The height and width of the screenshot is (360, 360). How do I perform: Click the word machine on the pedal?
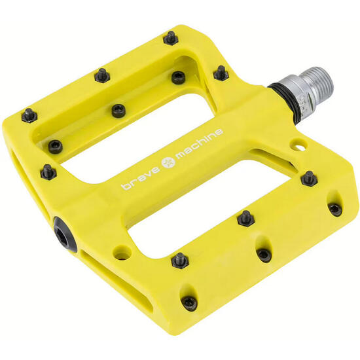click(x=197, y=143)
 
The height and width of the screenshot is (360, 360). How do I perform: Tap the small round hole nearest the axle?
click(x=300, y=142)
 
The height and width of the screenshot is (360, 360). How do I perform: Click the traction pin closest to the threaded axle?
click(x=221, y=73)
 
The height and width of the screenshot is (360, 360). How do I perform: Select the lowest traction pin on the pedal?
click(x=189, y=302)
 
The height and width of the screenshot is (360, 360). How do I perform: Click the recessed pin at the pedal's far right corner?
click(x=335, y=209)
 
